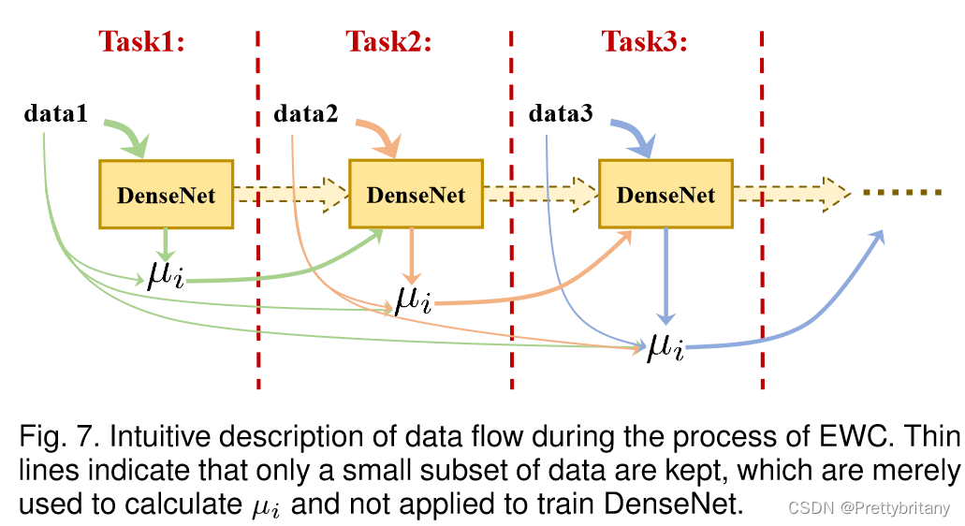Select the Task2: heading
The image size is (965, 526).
pos(389,42)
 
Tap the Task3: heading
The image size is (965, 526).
pos(644,42)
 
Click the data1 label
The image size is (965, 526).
pos(56,115)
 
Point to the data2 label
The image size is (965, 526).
pos(306,115)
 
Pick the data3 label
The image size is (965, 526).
pos(561,115)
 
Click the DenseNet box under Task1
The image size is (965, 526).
pos(166,195)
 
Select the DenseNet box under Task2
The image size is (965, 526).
pos(416,195)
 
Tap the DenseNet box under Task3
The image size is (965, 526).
pos(665,195)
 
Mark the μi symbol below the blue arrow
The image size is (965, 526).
pos(665,347)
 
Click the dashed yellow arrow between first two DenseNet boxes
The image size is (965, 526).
pos(290,194)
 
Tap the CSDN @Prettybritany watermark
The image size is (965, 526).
pos(870,508)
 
